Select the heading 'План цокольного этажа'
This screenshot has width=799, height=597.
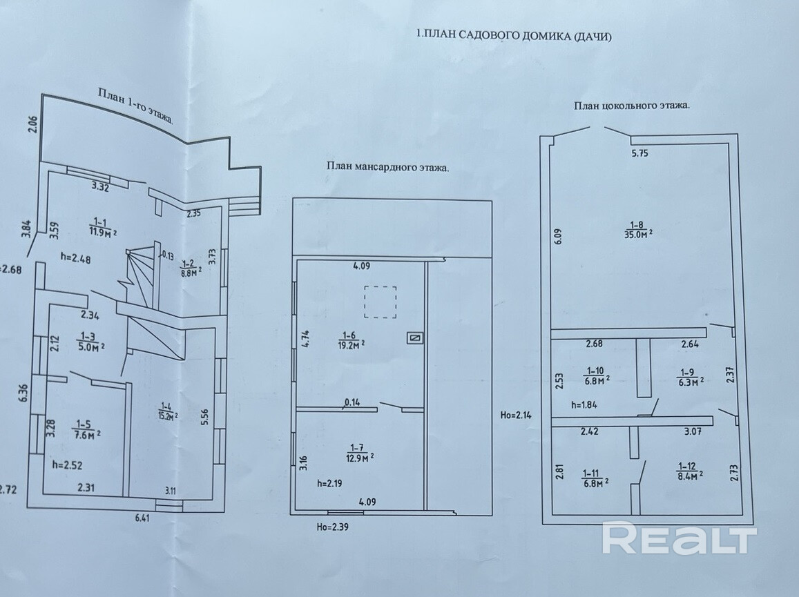pyautogui.click(x=631, y=106)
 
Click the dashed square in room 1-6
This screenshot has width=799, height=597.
pyautogui.click(x=379, y=302)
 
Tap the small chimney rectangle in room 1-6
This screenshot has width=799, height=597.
pyautogui.click(x=414, y=337)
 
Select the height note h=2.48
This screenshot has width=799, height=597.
pyautogui.click(x=76, y=260)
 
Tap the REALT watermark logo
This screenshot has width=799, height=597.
pyautogui.click(x=680, y=538)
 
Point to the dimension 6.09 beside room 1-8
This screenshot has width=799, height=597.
pyautogui.click(x=559, y=236)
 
